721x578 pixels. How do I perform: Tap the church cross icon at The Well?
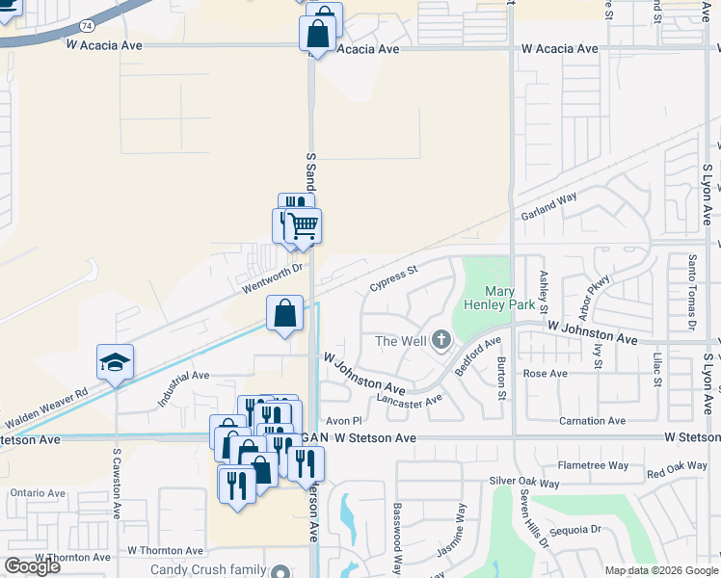coord(441,339)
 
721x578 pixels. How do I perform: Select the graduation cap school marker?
coord(115,362)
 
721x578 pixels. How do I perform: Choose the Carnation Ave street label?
coord(593,421)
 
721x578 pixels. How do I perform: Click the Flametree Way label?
coord(593,465)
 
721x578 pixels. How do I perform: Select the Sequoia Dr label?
coord(574,529)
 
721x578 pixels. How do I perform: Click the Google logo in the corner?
coord(32,566)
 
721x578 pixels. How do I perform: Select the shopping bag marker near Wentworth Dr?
coord(284,314)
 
